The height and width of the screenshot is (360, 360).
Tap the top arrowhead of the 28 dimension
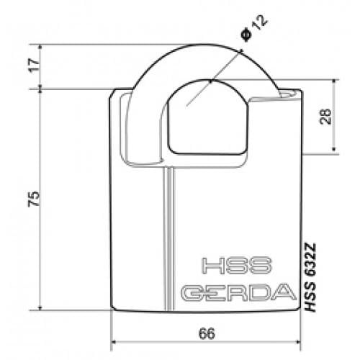336,83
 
